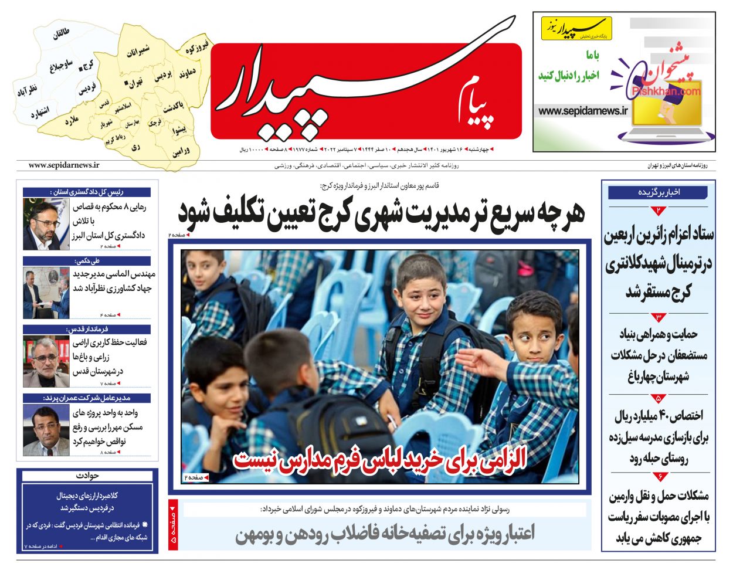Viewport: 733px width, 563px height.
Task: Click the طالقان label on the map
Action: pos(61,34)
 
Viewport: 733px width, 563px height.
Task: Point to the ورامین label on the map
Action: pos(181,151)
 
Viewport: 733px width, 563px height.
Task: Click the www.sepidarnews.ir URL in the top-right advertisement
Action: pos(583,111)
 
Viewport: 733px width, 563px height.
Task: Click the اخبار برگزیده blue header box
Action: pos(657,192)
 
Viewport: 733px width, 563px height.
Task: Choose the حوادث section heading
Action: pos(87,476)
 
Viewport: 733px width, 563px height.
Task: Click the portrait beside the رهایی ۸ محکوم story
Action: pos(46,224)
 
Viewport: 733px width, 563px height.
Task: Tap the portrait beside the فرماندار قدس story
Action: pos(46,361)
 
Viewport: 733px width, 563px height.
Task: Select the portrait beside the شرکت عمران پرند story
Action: pos(46,430)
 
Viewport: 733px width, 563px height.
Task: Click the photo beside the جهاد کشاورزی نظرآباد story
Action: pos(46,293)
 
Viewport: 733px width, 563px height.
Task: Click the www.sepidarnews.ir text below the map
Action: pos(64,166)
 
